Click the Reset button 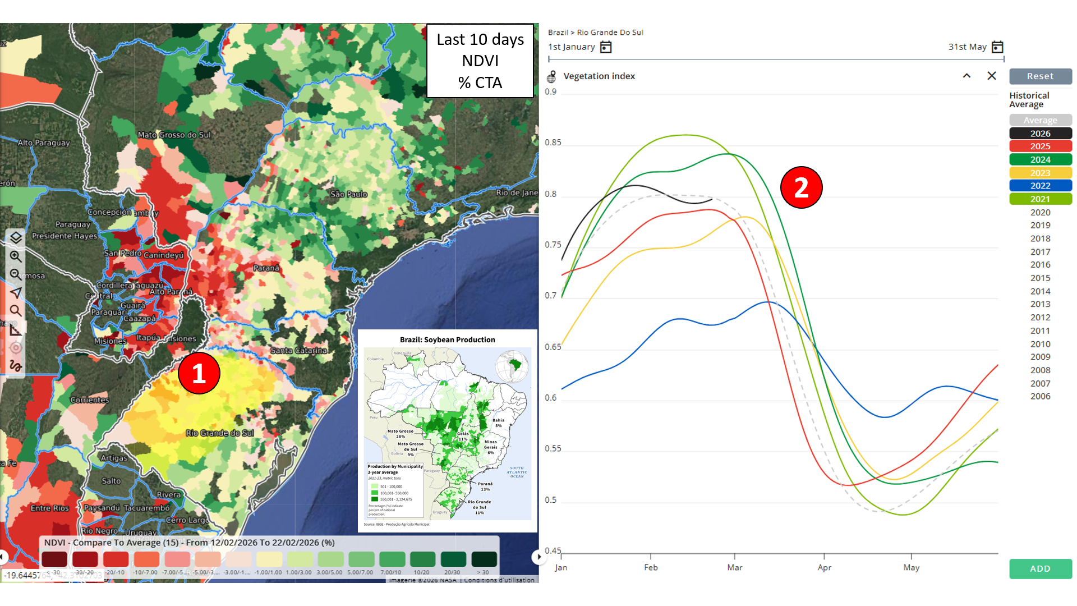pyautogui.click(x=1040, y=76)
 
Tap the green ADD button pyautogui.click(x=1040, y=568)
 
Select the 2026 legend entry pyautogui.click(x=1040, y=134)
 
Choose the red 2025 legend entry pyautogui.click(x=1040, y=146)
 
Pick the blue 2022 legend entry pyautogui.click(x=1040, y=186)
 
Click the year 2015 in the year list pyautogui.click(x=1040, y=278)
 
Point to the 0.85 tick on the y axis pyautogui.click(x=553, y=143)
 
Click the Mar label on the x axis pyautogui.click(x=734, y=567)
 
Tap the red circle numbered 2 pyautogui.click(x=801, y=187)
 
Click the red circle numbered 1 pyautogui.click(x=199, y=373)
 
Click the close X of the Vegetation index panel pyautogui.click(x=991, y=76)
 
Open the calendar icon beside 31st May pyautogui.click(x=997, y=47)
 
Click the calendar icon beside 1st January pyautogui.click(x=606, y=47)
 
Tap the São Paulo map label pyautogui.click(x=348, y=194)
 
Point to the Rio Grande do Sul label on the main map pyautogui.click(x=219, y=433)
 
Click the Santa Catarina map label pyautogui.click(x=298, y=350)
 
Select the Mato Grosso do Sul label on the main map pyautogui.click(x=174, y=135)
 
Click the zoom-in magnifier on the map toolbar pyautogui.click(x=16, y=256)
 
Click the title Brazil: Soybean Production pyautogui.click(x=447, y=339)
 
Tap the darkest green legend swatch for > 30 pyautogui.click(x=484, y=559)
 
